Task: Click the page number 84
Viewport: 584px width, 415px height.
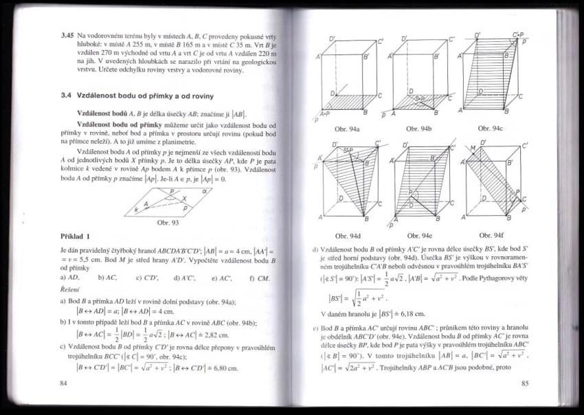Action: (x=64, y=383)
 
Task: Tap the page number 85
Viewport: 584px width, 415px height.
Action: (x=524, y=383)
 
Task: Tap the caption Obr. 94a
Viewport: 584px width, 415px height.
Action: (x=348, y=128)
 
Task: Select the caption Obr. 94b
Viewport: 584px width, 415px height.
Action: (x=419, y=128)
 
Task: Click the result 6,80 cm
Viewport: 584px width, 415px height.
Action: (x=223, y=368)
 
